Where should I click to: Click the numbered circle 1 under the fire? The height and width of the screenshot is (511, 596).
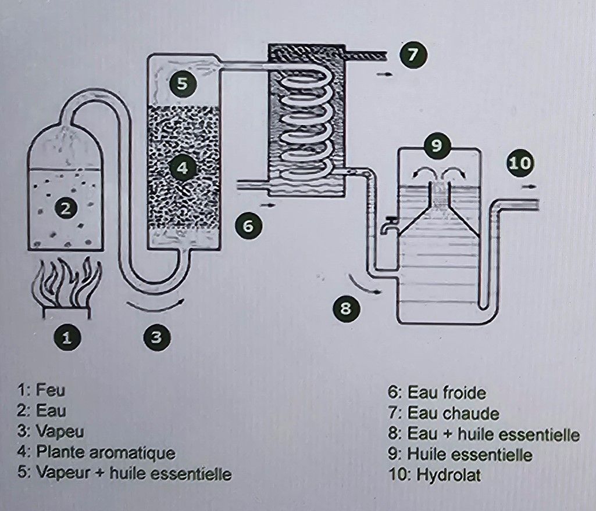(x=67, y=337)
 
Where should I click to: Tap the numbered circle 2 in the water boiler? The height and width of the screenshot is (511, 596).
(x=67, y=208)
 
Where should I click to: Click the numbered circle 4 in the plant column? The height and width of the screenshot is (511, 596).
(x=183, y=168)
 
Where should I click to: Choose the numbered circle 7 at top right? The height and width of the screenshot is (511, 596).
(x=413, y=55)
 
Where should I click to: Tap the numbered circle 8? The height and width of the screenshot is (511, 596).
(x=346, y=308)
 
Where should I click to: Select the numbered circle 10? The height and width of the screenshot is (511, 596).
(x=520, y=163)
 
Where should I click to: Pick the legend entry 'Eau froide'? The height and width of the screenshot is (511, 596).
(x=447, y=393)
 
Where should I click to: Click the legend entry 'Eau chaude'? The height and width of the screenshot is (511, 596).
(x=453, y=413)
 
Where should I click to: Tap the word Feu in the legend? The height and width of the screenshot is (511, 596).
(x=51, y=390)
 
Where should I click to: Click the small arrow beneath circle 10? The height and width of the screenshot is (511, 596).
(x=529, y=186)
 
